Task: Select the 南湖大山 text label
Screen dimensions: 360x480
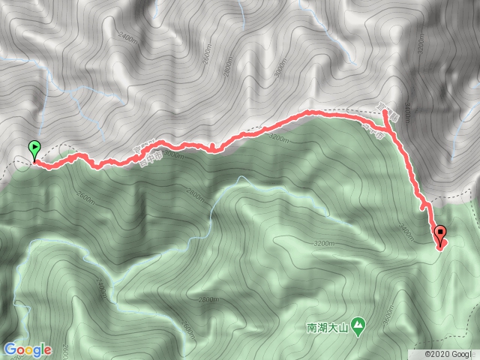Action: coord(328,326)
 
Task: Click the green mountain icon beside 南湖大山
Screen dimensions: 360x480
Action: coord(358,325)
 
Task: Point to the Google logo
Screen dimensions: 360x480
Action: coord(27,349)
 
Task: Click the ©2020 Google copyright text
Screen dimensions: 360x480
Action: coord(448,353)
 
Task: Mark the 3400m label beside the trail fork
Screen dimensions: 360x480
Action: coord(406,112)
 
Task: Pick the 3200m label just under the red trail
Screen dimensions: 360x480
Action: coord(277,138)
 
